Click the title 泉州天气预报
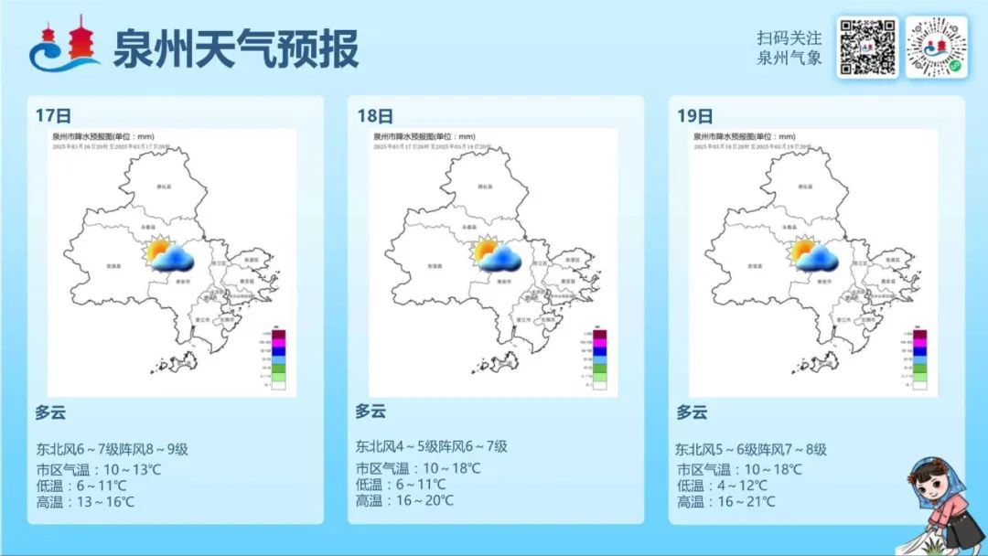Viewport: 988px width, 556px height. (235, 48)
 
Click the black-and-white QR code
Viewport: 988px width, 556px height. (866, 48)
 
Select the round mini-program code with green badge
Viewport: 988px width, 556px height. (936, 48)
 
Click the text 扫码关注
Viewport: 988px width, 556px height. (789, 38)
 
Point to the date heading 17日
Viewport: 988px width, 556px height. (53, 115)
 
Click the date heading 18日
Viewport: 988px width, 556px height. (375, 116)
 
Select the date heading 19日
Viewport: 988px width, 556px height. (695, 116)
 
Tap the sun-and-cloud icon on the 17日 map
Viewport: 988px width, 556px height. (170, 256)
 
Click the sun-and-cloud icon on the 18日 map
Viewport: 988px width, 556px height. (497, 255)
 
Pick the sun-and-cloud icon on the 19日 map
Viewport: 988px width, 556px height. (815, 256)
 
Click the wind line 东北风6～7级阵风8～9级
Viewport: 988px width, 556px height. (112, 449)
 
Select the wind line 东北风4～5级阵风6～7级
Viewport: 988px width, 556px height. (432, 447)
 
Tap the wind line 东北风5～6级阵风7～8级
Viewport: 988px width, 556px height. (751, 450)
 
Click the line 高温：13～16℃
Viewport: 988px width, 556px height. (85, 501)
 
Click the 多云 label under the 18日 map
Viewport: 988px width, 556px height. (370, 412)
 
